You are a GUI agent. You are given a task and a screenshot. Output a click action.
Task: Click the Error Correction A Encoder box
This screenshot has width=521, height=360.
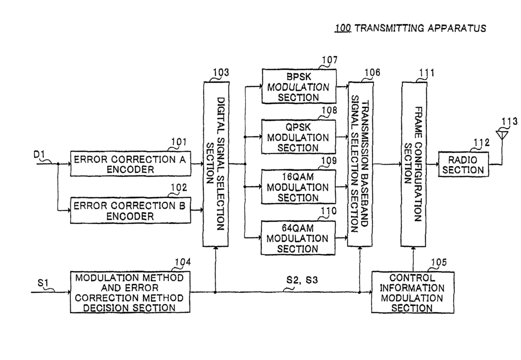click(x=131, y=163)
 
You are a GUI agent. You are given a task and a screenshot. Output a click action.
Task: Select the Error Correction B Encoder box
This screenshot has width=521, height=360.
click(x=131, y=210)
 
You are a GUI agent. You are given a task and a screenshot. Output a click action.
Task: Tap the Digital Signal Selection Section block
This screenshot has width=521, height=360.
click(x=216, y=164)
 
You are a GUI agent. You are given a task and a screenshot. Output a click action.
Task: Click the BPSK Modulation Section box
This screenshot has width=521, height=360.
click(x=299, y=86)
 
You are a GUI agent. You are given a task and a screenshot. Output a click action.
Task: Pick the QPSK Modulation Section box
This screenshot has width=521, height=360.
click(x=298, y=136)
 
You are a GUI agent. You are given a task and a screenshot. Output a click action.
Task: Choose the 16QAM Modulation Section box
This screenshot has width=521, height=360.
click(x=298, y=187)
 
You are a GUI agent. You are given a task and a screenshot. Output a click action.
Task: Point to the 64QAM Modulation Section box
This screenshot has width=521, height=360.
click(x=298, y=238)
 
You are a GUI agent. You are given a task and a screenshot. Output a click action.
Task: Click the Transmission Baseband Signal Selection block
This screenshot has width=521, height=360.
click(x=360, y=164)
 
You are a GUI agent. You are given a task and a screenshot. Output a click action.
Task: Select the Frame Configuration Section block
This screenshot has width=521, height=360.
click(x=414, y=164)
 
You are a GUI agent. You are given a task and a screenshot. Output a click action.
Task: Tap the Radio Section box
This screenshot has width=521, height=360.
click(x=464, y=164)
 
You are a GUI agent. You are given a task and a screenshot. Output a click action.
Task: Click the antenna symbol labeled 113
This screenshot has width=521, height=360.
click(x=502, y=135)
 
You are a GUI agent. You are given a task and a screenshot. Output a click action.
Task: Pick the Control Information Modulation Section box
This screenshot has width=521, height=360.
click(x=412, y=292)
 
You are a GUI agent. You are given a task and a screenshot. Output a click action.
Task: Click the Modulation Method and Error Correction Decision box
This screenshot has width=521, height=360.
click(x=130, y=292)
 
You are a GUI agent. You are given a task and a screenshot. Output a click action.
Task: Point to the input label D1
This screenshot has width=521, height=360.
click(x=39, y=155)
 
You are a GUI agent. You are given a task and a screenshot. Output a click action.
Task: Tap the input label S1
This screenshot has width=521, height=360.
click(x=43, y=283)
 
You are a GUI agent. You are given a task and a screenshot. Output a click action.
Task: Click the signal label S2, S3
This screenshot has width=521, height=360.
click(x=302, y=280)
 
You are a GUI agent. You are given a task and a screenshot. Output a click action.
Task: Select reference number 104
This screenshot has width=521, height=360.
click(x=183, y=262)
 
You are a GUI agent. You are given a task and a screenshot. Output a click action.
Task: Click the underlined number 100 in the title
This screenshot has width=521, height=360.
click(x=343, y=28)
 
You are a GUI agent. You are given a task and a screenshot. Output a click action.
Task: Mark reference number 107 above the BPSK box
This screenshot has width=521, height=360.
click(x=330, y=60)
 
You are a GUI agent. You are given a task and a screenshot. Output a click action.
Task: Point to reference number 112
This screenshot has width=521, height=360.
click(x=482, y=142)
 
